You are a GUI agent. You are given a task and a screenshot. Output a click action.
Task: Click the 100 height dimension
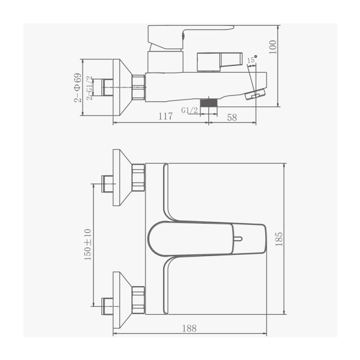pos(273,46)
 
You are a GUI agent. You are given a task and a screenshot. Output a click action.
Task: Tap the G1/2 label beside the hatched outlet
pos(189,110)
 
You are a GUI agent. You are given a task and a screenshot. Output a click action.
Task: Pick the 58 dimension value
pos(232,117)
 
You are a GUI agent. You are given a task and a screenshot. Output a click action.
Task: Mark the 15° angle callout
pos(251,59)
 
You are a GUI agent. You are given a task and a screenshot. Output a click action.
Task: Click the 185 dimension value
pos(279,239)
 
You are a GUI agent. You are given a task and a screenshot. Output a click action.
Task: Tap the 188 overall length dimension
pos(189,328)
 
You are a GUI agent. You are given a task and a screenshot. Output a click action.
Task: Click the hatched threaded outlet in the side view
pos(210,103)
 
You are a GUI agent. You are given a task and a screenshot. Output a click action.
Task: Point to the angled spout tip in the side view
pos(256,94)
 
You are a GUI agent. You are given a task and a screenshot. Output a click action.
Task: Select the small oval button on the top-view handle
pos(238,238)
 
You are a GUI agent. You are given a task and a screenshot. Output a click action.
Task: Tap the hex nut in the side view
pos(139,87)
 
